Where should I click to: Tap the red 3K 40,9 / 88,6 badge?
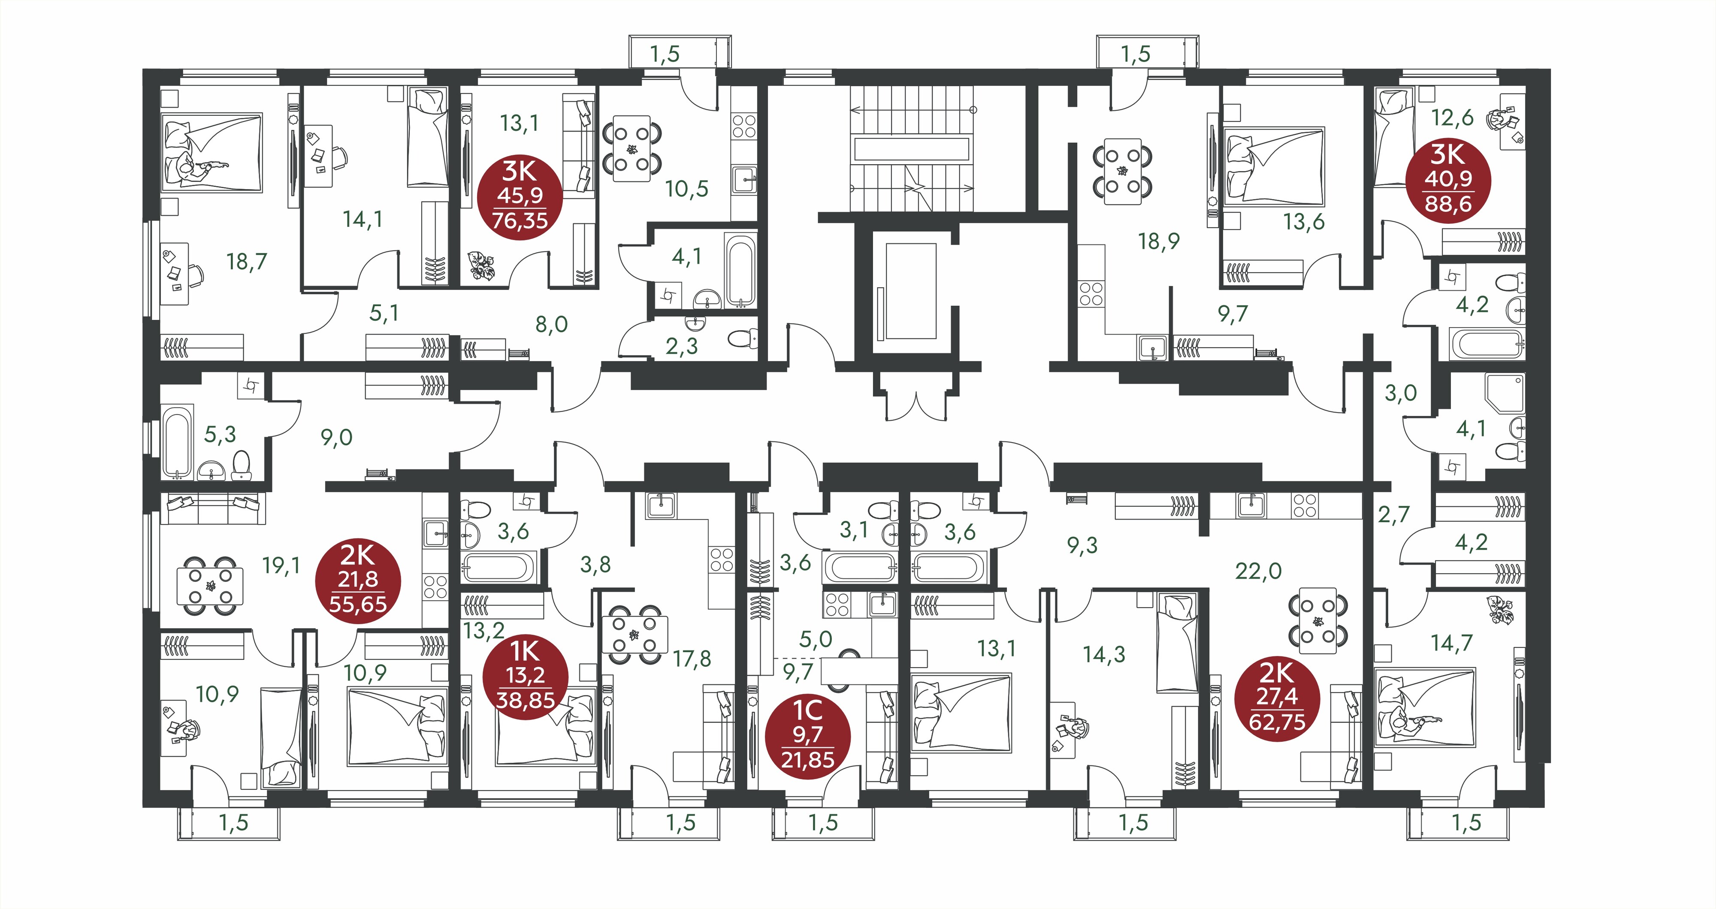click(x=1448, y=180)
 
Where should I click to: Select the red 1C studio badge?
click(x=807, y=735)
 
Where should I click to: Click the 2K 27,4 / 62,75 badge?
click(x=1277, y=698)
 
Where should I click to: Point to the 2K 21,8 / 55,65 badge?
click(x=358, y=580)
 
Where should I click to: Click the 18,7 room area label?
click(x=247, y=261)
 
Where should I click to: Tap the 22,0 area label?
click(x=1258, y=571)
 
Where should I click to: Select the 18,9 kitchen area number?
click(x=1159, y=241)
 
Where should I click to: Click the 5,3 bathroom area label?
click(x=220, y=435)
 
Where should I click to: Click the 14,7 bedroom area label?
click(x=1452, y=643)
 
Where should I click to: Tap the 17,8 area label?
click(x=692, y=659)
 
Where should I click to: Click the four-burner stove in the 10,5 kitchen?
click(x=743, y=126)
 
